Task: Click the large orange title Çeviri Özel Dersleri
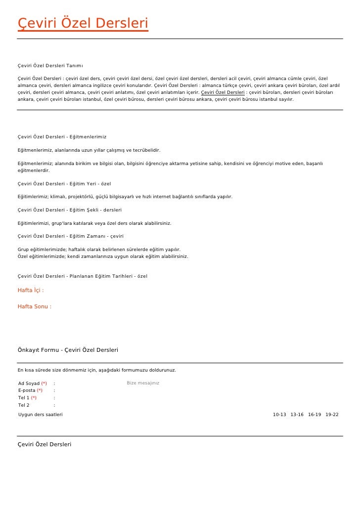click(x=83, y=23)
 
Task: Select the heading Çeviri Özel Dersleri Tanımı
click(x=50, y=65)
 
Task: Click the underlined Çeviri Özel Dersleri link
click(x=223, y=92)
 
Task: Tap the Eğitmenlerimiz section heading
click(x=62, y=136)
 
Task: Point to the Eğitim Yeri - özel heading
click(x=64, y=184)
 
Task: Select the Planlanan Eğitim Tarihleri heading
click(x=82, y=276)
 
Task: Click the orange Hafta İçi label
click(x=31, y=291)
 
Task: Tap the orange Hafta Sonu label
click(x=34, y=306)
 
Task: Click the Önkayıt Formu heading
click(x=68, y=350)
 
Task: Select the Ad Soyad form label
click(x=29, y=383)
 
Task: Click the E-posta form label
click(x=27, y=390)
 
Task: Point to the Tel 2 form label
click(x=24, y=405)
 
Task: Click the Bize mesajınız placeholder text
click(x=143, y=383)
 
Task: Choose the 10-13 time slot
click(x=279, y=415)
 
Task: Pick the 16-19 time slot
click(x=315, y=415)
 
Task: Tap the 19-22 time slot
click(x=332, y=415)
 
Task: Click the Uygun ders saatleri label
click(x=41, y=415)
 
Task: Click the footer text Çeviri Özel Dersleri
click(x=45, y=444)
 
